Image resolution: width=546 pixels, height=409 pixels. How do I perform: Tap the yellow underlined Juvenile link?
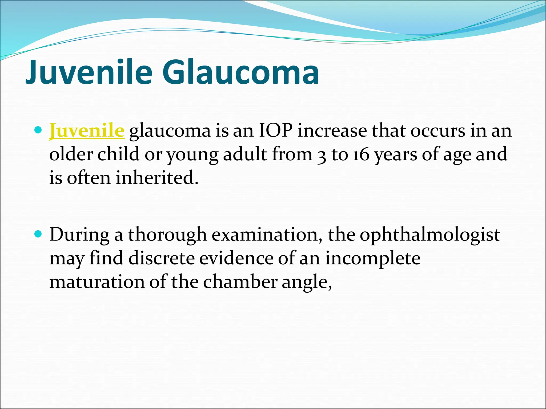[87, 131]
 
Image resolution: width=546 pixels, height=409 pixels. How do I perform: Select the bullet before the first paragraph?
[39, 130]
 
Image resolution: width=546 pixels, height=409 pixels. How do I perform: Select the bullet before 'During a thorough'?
[39, 234]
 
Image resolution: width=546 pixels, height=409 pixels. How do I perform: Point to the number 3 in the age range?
[322, 155]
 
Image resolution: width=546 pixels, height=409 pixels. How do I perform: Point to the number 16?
[361, 154]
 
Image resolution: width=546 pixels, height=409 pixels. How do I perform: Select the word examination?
[267, 235]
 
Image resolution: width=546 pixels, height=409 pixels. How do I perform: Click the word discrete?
[162, 258]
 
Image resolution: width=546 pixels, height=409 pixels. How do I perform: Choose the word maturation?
[97, 282]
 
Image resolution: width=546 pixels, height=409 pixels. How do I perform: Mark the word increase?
[332, 131]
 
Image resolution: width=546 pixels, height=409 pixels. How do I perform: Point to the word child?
[118, 154]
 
